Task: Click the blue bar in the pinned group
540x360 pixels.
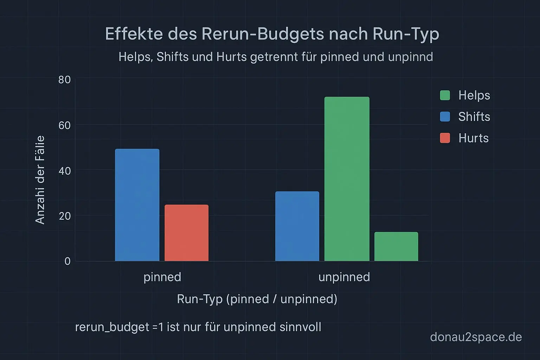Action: tap(137, 205)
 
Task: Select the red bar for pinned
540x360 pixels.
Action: tap(186, 233)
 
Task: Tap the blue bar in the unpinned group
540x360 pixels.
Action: tap(297, 226)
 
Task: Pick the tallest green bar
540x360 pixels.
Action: tap(347, 179)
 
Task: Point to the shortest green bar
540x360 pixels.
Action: tap(396, 246)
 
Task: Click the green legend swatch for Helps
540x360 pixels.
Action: tap(445, 95)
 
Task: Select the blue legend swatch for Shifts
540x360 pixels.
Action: tap(445, 117)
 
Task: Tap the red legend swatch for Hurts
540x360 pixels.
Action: tap(445, 138)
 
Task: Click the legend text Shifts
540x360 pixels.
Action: tap(474, 117)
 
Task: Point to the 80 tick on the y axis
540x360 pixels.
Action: tap(65, 80)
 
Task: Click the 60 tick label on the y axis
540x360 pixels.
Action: tap(65, 125)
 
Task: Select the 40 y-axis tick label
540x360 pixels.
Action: tap(65, 171)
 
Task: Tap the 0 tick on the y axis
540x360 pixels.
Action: tap(67, 261)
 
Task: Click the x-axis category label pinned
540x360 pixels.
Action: tap(162, 277)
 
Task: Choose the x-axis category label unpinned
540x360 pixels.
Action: tap(344, 277)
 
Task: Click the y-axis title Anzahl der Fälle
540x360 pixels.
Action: tap(40, 180)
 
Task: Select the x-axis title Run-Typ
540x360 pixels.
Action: tap(200, 299)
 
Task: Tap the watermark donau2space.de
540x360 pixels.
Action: tap(476, 337)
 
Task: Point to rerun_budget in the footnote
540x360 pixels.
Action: tap(112, 327)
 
